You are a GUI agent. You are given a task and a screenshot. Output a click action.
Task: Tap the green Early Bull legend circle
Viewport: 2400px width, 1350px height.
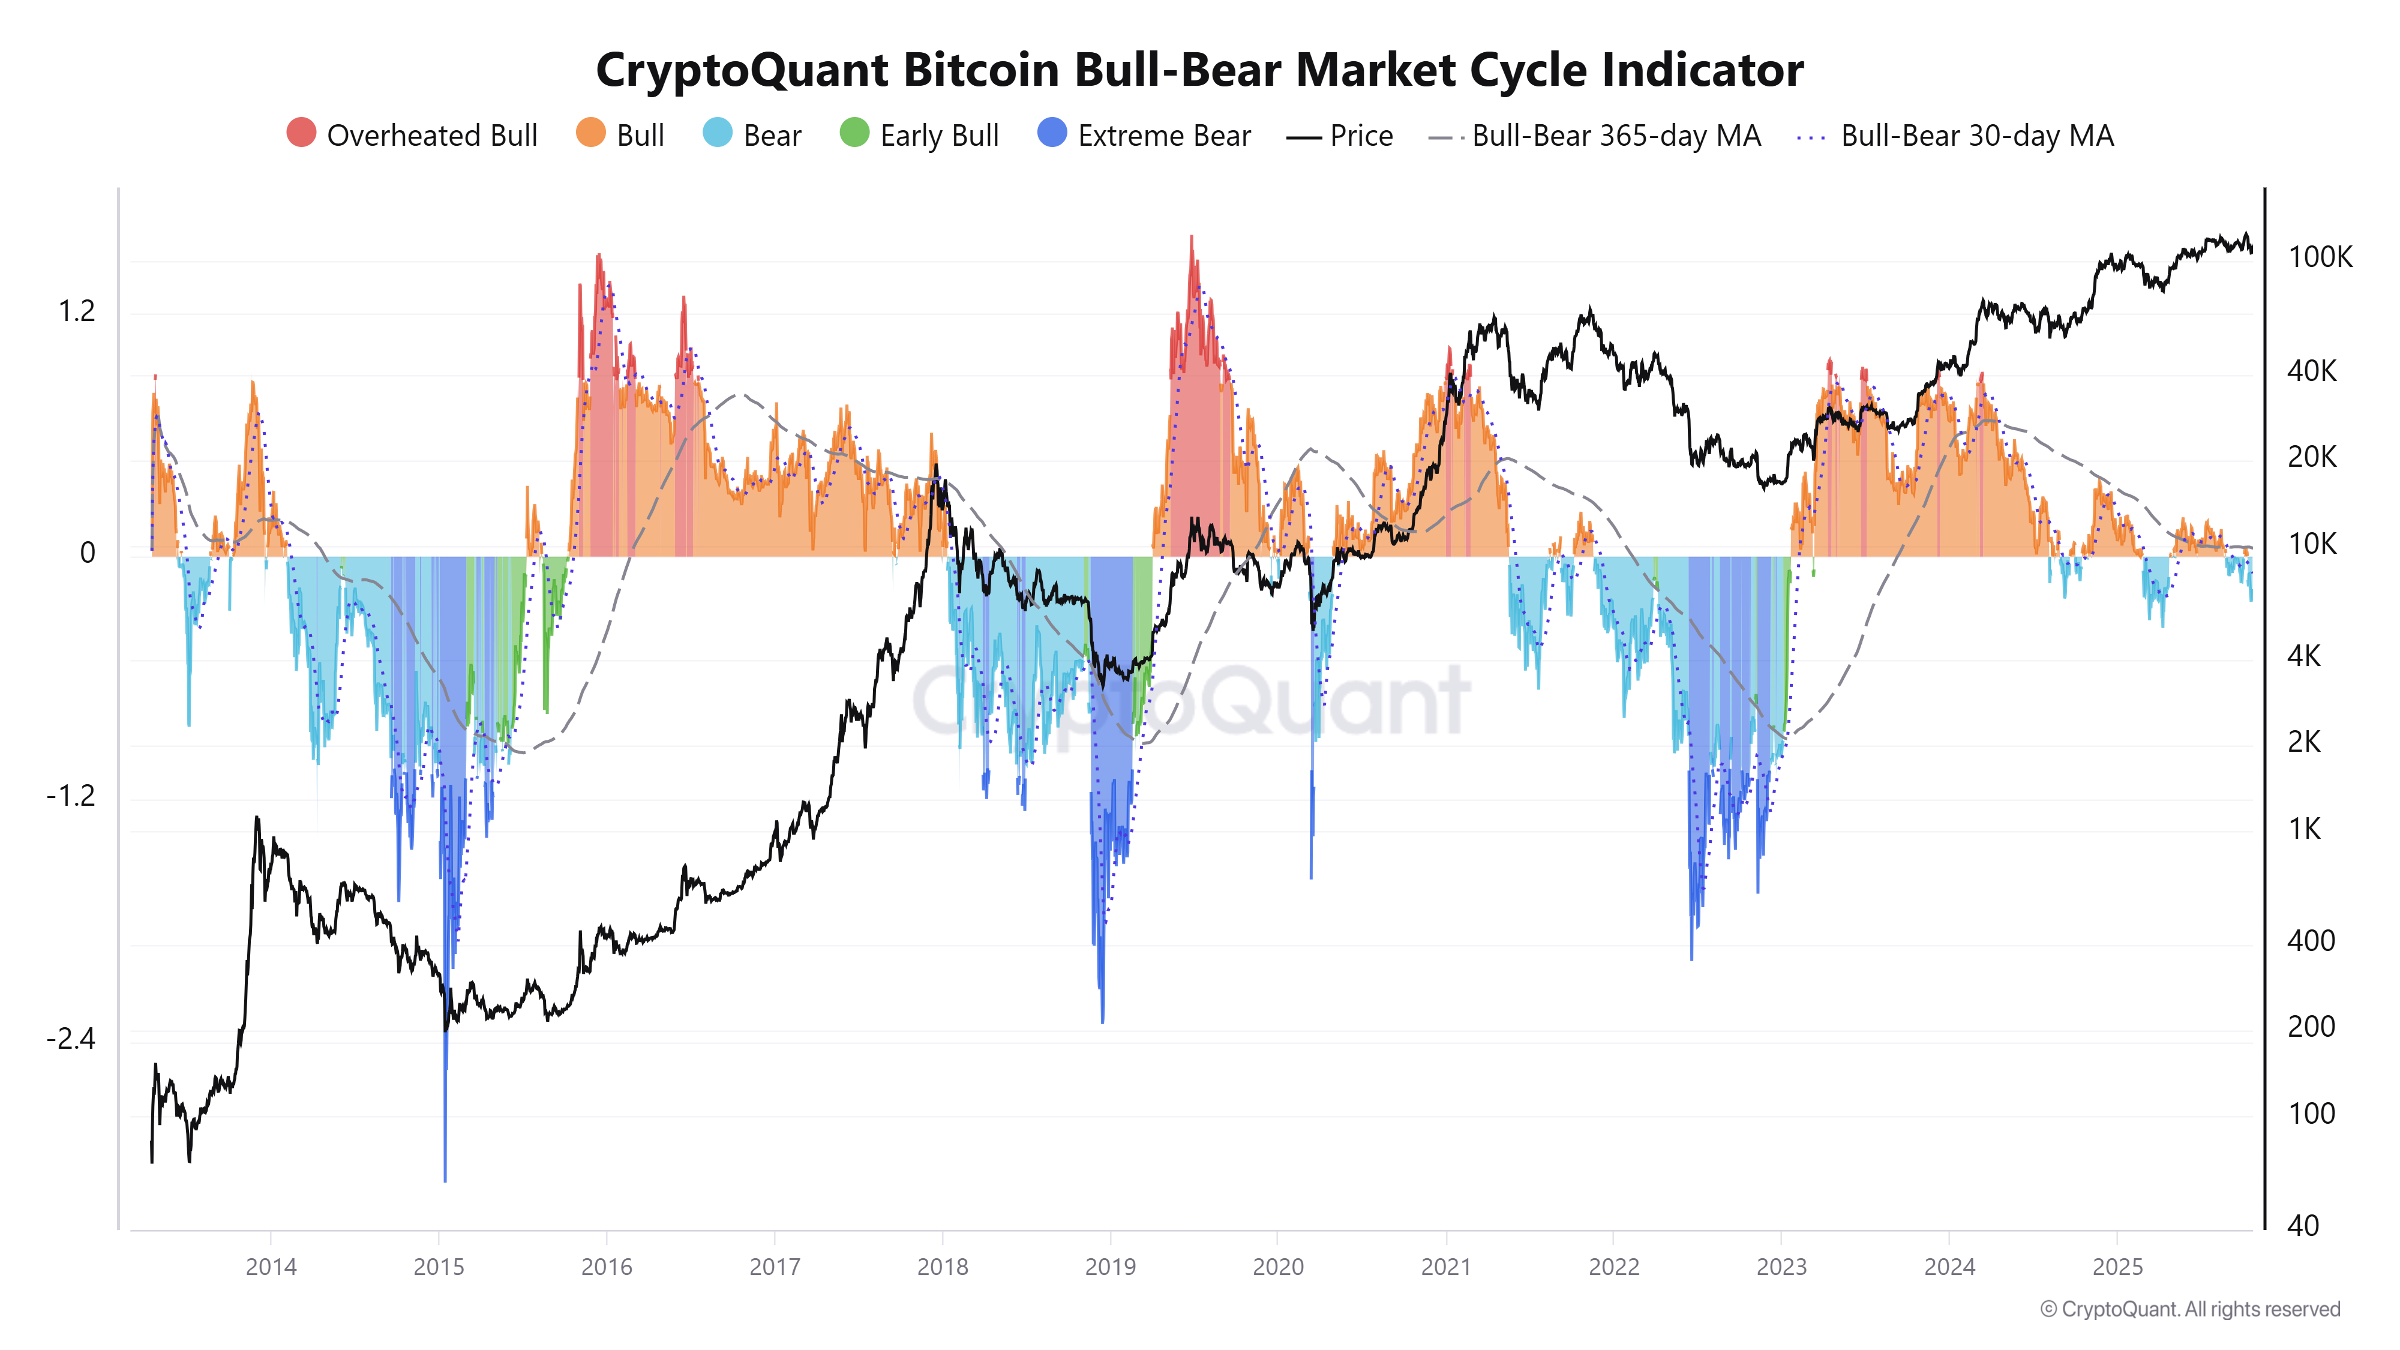tap(853, 133)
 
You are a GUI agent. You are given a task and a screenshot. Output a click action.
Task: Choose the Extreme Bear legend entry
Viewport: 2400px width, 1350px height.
tap(1144, 135)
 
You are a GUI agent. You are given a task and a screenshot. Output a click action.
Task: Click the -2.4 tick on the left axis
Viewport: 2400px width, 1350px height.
tap(71, 1038)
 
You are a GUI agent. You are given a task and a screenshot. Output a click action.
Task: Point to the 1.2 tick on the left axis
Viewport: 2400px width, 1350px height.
tap(76, 311)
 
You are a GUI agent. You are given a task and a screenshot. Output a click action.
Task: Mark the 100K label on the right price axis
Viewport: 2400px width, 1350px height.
tap(2319, 257)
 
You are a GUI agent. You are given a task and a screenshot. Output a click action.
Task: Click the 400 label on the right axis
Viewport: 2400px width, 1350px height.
tap(2311, 941)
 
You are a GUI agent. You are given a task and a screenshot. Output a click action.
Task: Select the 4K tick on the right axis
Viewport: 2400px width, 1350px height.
tap(2303, 656)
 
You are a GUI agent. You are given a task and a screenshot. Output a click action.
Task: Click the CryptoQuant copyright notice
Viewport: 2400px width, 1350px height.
tap(2189, 1309)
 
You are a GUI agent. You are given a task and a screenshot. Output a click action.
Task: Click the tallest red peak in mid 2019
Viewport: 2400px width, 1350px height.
tap(1190, 239)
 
